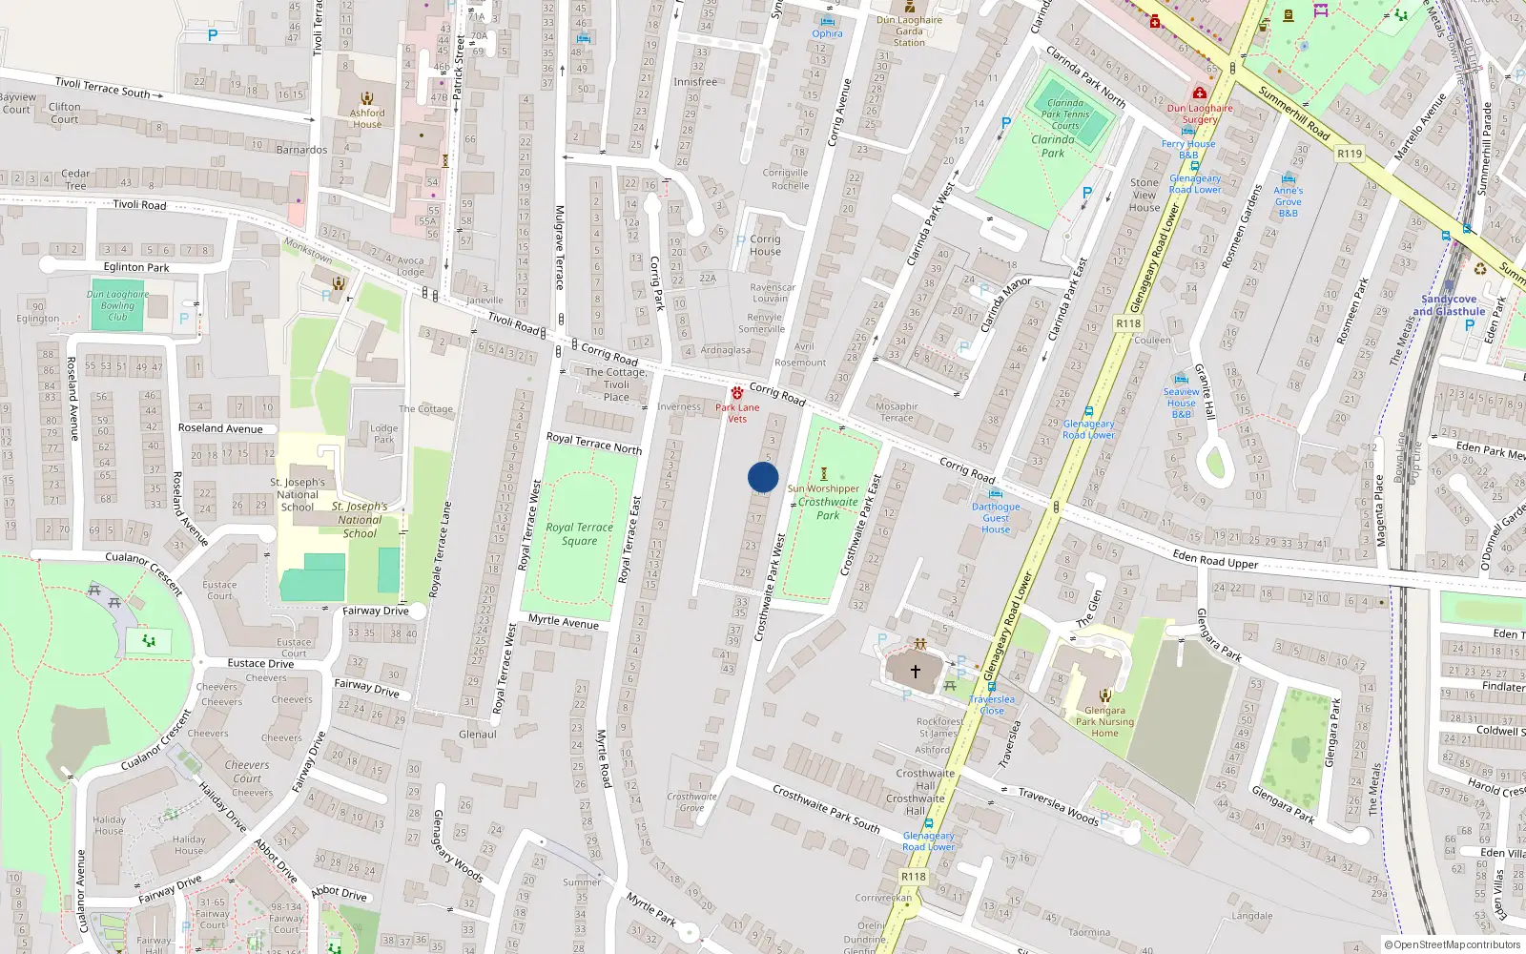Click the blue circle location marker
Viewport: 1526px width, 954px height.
[763, 477]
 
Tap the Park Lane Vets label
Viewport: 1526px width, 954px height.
[737, 413]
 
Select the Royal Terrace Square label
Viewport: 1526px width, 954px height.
[579, 534]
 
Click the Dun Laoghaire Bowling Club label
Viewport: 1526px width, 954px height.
[117, 305]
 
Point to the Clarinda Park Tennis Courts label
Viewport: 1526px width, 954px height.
[1065, 114]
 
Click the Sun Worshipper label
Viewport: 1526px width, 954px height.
[823, 488]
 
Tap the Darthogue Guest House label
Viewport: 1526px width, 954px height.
[996, 518]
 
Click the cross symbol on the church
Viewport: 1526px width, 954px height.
[916, 672]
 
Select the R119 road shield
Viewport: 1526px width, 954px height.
[1350, 154]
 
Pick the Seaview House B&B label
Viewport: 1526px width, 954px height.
[1181, 403]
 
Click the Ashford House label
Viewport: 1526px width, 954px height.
[367, 118]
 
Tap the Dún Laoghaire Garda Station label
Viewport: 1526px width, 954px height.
[909, 31]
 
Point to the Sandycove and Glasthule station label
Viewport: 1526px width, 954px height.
[1449, 305]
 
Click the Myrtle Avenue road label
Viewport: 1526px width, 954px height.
[564, 621]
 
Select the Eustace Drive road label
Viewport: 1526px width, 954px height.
[260, 663]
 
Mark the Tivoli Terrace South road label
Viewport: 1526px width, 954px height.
[102, 88]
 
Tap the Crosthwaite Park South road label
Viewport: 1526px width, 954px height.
[826, 809]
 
